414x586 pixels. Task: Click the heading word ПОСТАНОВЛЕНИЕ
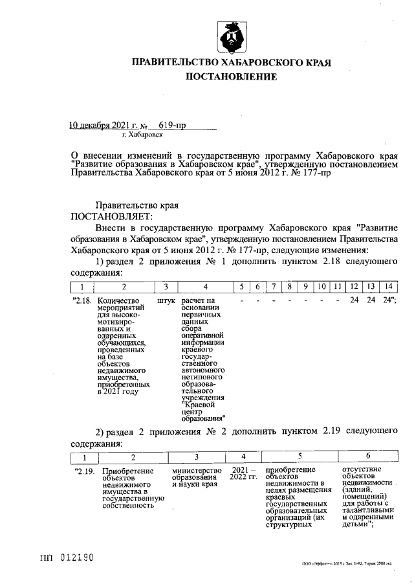click(x=231, y=77)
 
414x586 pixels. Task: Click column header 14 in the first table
click(x=387, y=286)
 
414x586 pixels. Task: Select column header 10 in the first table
click(x=321, y=286)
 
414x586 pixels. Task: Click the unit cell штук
click(x=166, y=301)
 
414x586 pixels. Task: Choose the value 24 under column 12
click(x=354, y=301)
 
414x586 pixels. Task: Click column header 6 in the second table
click(x=367, y=456)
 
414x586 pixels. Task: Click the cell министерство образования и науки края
click(x=196, y=477)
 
